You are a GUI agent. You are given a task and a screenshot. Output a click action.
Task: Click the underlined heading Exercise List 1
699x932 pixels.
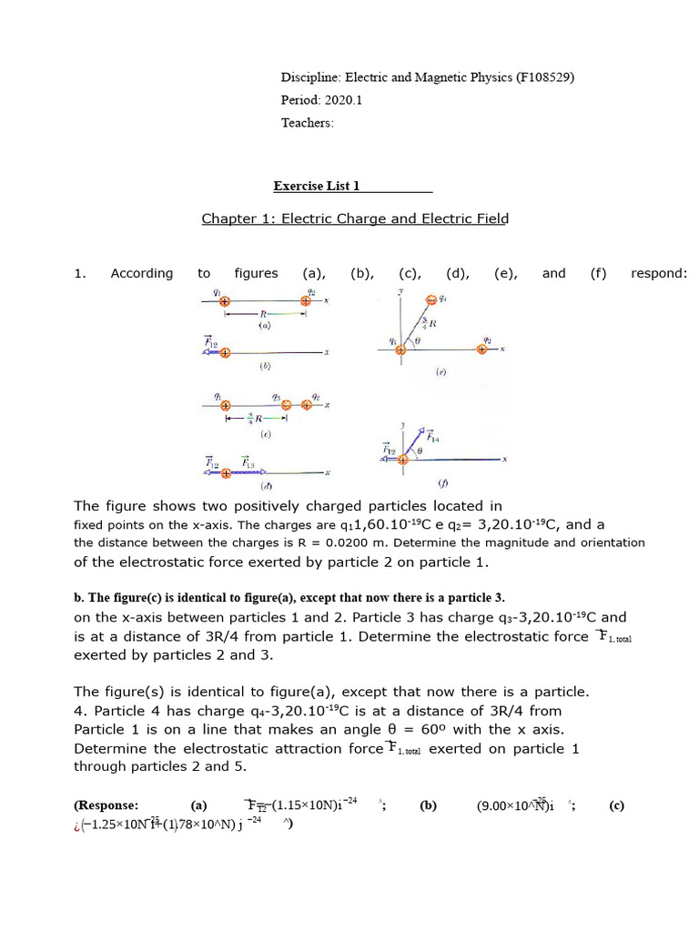(x=317, y=187)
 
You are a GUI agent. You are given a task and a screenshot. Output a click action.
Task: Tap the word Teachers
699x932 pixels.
(x=307, y=123)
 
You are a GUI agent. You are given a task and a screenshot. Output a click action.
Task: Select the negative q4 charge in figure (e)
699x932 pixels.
(x=431, y=299)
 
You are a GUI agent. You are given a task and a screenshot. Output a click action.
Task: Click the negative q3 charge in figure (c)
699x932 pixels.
(x=286, y=406)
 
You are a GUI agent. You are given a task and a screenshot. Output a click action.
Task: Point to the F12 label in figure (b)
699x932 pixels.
(x=211, y=343)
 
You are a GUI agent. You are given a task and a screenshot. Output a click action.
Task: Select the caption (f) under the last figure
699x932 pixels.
(x=443, y=482)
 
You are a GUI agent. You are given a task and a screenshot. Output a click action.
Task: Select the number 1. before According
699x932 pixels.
(x=79, y=273)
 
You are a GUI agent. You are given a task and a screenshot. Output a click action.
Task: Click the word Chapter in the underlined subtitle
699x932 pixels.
(x=228, y=218)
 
